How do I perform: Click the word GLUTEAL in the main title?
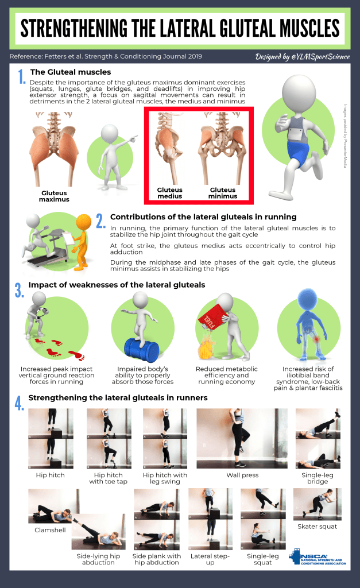coord(246,29)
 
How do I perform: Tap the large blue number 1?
coord(22,76)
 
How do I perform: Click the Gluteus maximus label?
coord(54,196)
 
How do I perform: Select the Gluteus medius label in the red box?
coord(169,193)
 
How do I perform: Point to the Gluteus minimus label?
coord(223,193)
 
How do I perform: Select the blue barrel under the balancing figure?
coord(142,350)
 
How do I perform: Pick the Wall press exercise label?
coord(242,475)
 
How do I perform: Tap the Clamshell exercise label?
coord(50,530)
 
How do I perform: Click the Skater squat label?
coord(318,527)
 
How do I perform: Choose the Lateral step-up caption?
coord(210,559)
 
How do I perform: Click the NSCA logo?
coord(318,557)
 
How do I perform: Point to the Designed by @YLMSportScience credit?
coord(302,57)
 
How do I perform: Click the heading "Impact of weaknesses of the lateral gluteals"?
coord(117,285)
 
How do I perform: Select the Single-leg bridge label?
coord(318,478)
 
